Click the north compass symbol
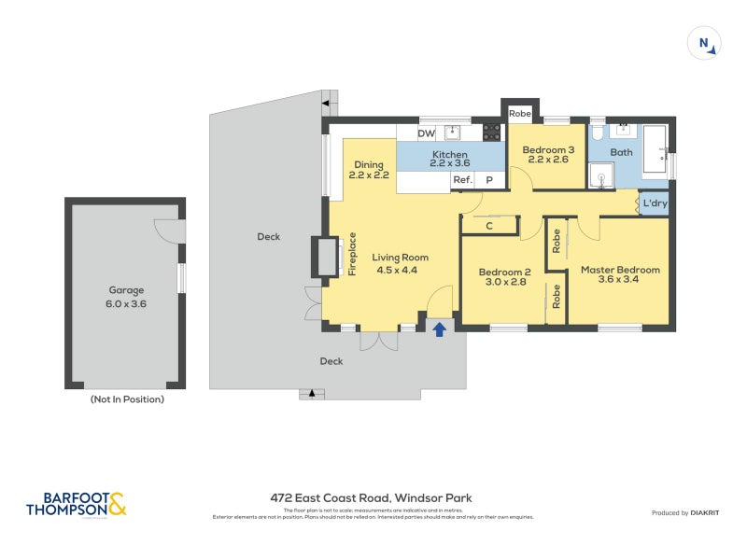[705, 43]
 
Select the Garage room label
[126, 296]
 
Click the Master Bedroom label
[620, 276]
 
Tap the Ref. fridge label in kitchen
[462, 180]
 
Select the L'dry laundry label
[654, 203]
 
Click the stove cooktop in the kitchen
[491, 133]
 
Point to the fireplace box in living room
[327, 257]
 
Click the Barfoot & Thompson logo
[77, 504]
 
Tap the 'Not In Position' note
[126, 399]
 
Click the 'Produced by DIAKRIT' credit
[689, 513]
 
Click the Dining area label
[368, 170]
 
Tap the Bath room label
[621, 152]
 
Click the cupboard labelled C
[490, 225]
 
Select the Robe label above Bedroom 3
[520, 114]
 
